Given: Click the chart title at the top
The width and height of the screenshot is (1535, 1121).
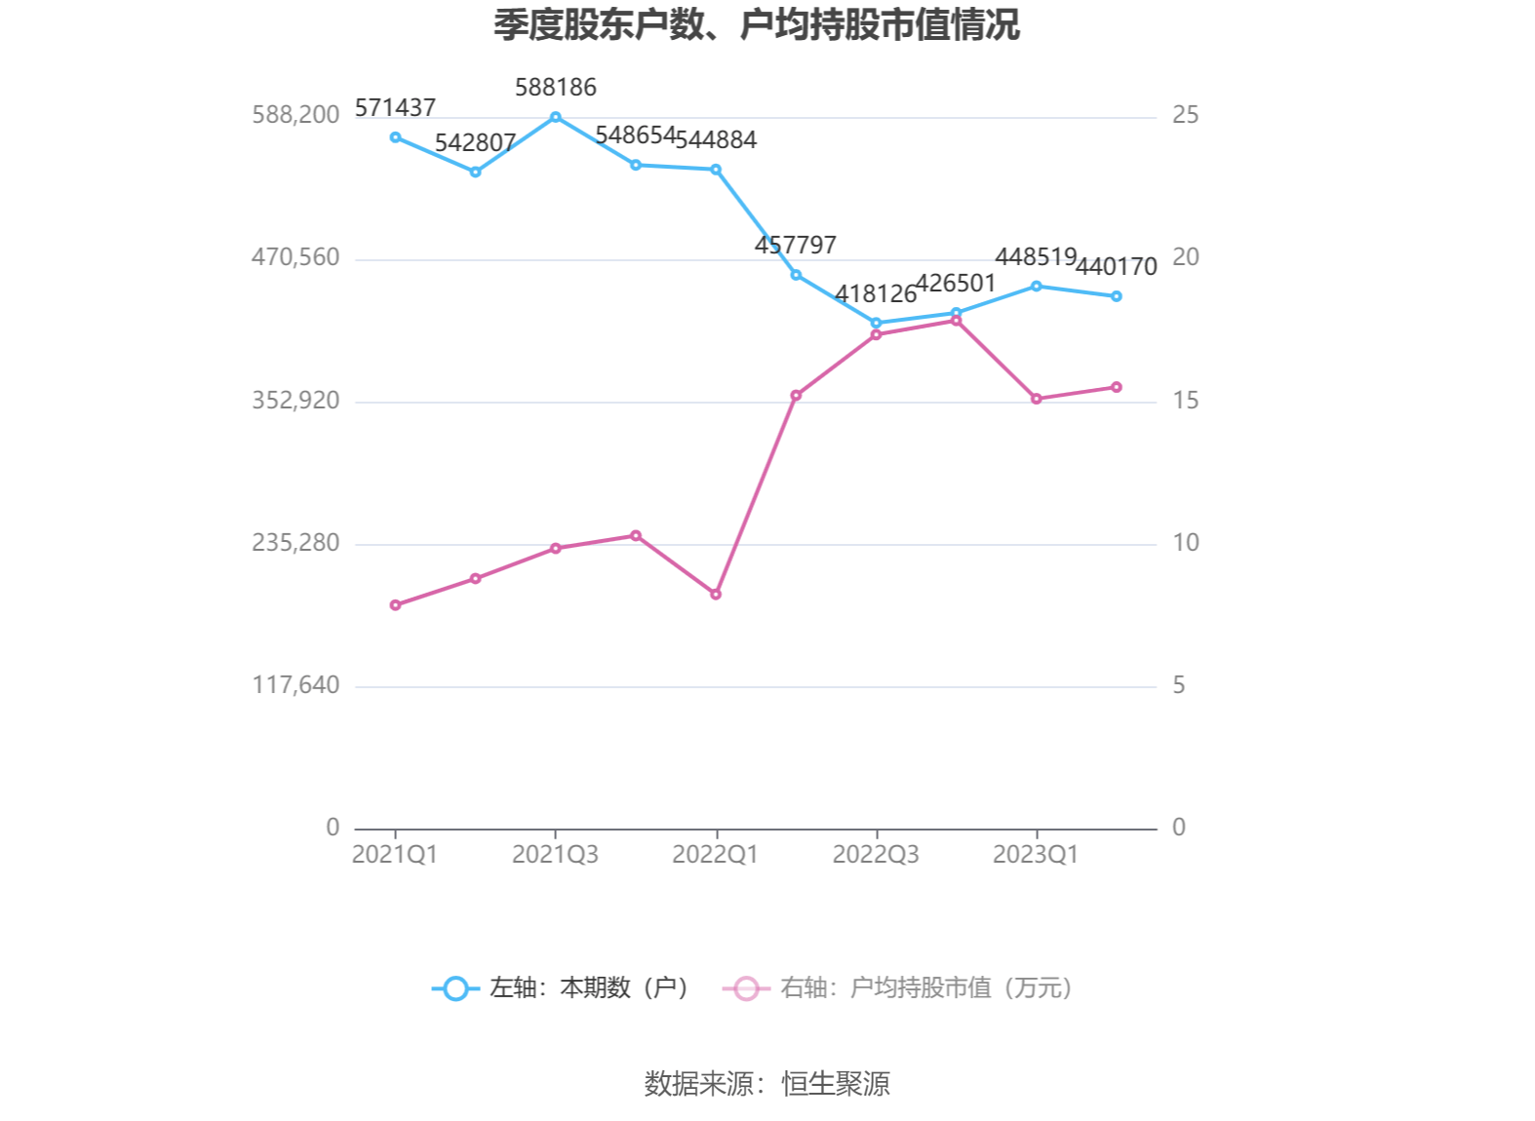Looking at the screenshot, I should [756, 25].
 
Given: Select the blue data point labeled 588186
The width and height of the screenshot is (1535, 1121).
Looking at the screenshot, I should [556, 117].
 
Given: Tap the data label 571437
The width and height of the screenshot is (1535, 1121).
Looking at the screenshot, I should [395, 107].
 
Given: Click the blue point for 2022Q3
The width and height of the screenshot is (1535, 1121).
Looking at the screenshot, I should [876, 323].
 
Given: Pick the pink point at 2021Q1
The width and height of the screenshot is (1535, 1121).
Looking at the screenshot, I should [395, 605].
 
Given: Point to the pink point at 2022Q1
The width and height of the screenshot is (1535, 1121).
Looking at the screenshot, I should [716, 594].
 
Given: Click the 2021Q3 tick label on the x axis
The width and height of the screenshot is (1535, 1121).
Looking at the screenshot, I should [555, 855].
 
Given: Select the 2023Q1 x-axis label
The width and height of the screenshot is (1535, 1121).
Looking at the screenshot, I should [1036, 855].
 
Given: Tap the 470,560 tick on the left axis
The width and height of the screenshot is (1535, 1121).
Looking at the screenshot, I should [295, 257].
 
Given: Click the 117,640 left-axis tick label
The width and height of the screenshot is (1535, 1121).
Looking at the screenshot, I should [295, 685].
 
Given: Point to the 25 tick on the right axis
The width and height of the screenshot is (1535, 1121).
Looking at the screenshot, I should [1185, 115].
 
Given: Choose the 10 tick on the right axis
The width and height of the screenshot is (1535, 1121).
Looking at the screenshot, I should [1185, 543].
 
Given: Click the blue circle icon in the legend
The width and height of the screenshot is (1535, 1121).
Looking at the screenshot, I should [455, 988].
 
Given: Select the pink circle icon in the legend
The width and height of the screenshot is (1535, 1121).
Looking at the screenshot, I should [746, 988].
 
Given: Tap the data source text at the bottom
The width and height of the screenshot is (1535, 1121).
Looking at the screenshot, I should [767, 1084].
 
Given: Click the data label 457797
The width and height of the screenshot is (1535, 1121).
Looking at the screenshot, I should [796, 245].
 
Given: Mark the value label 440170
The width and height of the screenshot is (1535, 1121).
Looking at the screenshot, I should [1117, 266].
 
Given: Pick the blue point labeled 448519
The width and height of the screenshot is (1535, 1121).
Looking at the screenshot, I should [1037, 287].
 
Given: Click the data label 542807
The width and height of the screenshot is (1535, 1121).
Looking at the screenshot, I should [475, 143].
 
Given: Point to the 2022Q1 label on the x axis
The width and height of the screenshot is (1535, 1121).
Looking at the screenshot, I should [715, 855].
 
